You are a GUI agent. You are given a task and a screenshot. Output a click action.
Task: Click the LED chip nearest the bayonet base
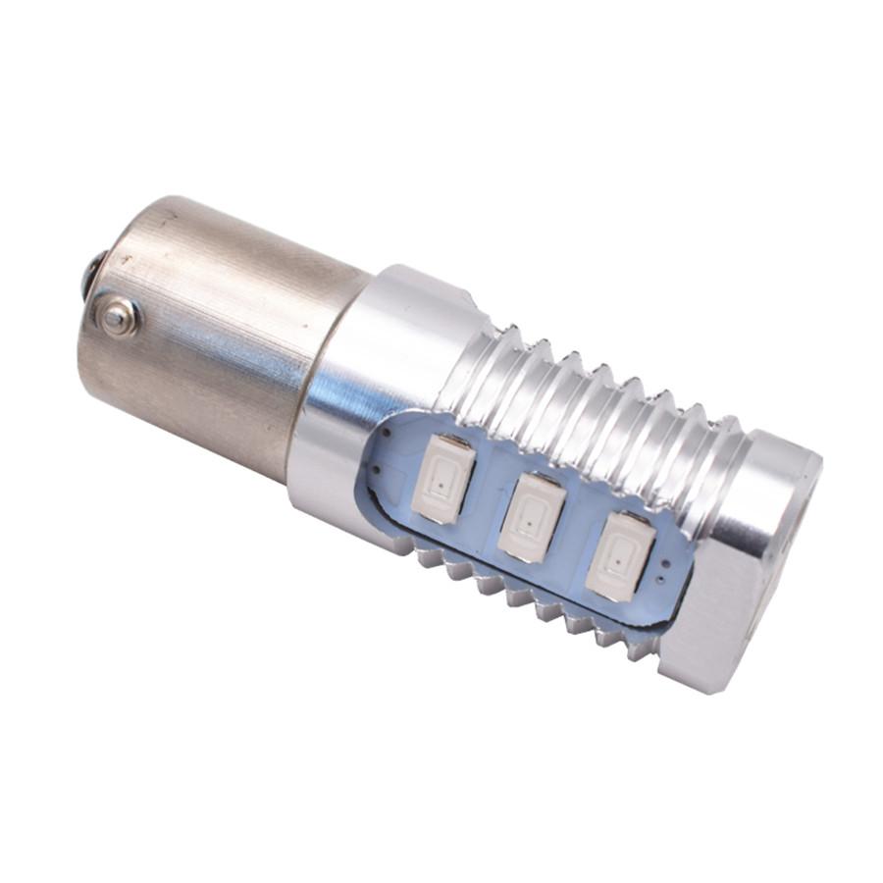point(443,478)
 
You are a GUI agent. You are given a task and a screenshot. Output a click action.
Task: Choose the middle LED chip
point(531,517)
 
